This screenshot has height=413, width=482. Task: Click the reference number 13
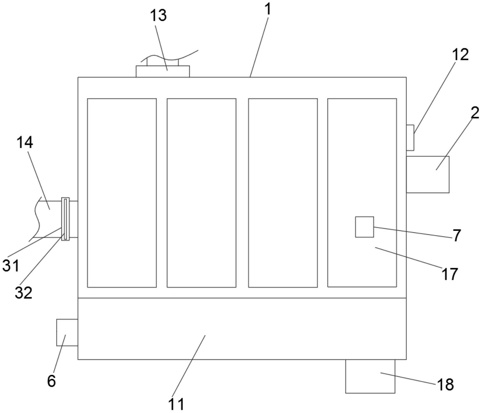(x=158, y=15)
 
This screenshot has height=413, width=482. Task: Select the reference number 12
(x=460, y=54)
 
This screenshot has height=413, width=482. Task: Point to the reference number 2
(x=475, y=113)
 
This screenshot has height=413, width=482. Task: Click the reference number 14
(x=25, y=142)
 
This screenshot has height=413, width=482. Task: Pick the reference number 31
(x=11, y=265)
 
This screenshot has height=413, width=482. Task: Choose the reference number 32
(x=23, y=293)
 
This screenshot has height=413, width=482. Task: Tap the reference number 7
(x=457, y=235)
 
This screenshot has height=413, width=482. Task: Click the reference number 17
(x=450, y=274)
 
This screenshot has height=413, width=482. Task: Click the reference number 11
(x=176, y=404)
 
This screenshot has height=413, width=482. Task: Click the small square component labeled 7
(x=364, y=227)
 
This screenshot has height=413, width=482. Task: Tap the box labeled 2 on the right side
(x=428, y=174)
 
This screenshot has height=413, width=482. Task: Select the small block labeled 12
(x=410, y=138)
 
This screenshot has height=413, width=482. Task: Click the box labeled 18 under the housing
(x=370, y=376)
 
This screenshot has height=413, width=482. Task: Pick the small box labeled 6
(x=67, y=332)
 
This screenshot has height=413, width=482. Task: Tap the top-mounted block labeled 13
(x=163, y=71)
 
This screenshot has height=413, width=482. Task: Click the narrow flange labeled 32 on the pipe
(x=65, y=219)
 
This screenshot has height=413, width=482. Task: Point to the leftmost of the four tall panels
(x=122, y=193)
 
